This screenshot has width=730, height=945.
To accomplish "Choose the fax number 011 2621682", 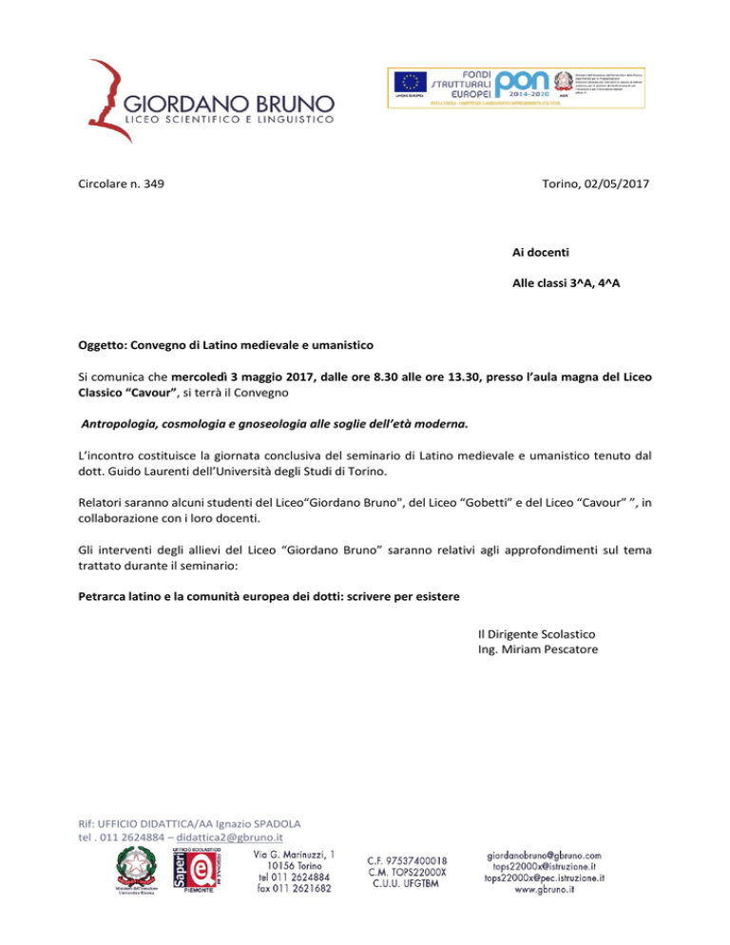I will (293, 890).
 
